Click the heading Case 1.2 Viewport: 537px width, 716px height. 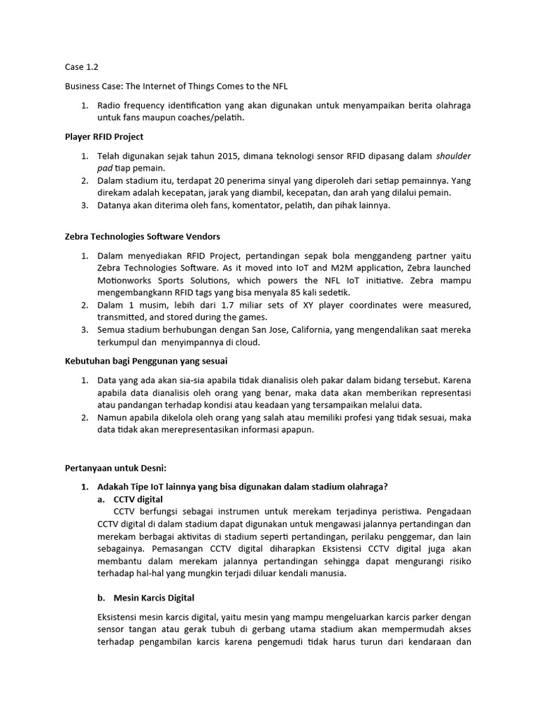pyautogui.click(x=82, y=67)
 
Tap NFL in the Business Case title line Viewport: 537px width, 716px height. pyautogui.click(x=278, y=86)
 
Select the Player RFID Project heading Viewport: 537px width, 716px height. pyautogui.click(x=104, y=136)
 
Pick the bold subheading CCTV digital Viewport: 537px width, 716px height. pyautogui.click(x=138, y=499)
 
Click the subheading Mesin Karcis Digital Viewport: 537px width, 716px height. pyautogui.click(x=154, y=598)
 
